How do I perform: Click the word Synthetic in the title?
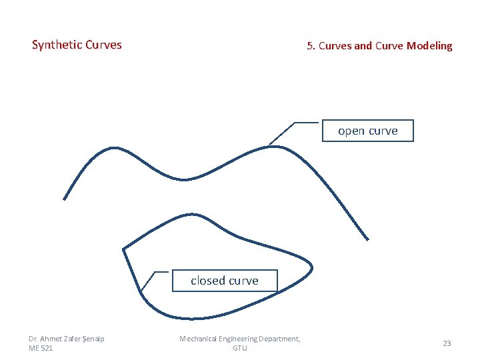[x=57, y=45]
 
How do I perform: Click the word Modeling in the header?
[x=429, y=46]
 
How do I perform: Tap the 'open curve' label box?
[x=367, y=131]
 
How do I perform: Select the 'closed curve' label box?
[x=224, y=281]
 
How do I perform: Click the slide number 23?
[x=447, y=343]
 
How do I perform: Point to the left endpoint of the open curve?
[x=64, y=199]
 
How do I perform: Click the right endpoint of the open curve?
[x=367, y=239]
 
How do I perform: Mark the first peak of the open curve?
[x=113, y=148]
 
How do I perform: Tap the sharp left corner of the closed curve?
[x=123, y=249]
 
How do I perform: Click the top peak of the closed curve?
[x=192, y=214]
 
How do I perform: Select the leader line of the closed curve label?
[x=155, y=272]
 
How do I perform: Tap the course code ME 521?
[x=41, y=348]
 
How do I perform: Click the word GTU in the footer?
[x=239, y=348]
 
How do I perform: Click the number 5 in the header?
[x=309, y=46]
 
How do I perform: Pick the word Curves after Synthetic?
[x=104, y=45]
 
